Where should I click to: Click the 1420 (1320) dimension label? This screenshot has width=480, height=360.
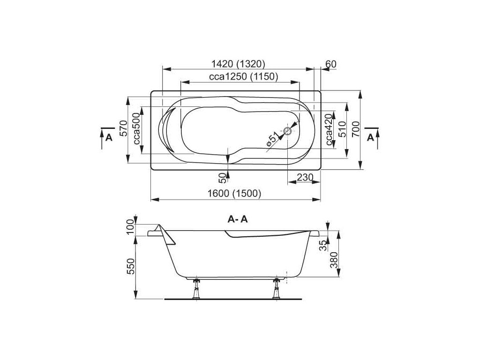(238, 64)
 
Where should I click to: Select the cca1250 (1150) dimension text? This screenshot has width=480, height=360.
(243, 76)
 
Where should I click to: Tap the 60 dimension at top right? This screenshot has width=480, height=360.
(331, 64)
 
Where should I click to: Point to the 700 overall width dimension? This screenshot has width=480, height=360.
(355, 129)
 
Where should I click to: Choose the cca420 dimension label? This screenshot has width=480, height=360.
(329, 129)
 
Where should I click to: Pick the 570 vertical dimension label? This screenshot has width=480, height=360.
(123, 128)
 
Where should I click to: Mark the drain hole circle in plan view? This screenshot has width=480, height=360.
(288, 131)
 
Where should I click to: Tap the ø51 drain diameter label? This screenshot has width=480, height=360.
(273, 139)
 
